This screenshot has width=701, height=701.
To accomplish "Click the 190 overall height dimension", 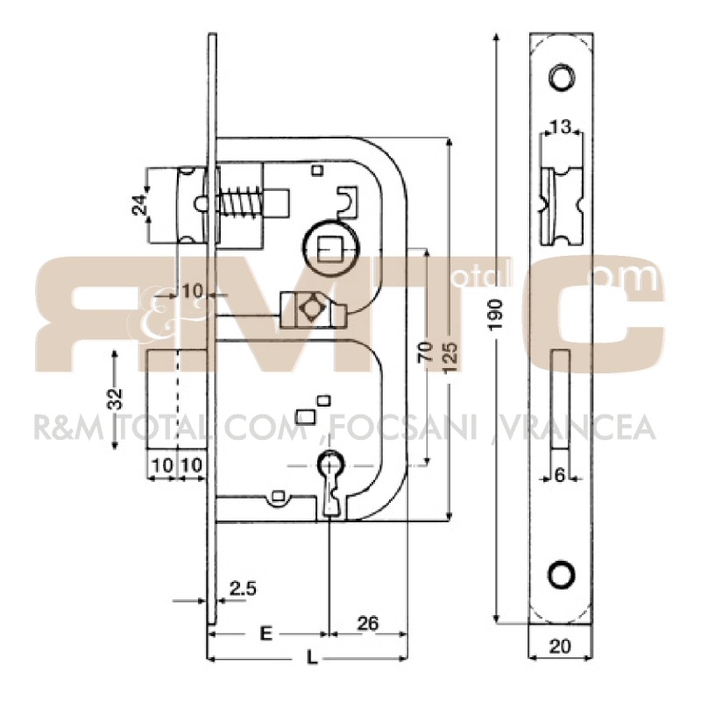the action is tap(497, 315).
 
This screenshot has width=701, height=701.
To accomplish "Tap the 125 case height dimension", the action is tap(451, 358).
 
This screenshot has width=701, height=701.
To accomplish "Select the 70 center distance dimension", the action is tap(426, 351).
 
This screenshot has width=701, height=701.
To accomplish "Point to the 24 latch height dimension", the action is tap(141, 205).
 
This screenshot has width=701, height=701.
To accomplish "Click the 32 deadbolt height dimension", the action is tap(116, 399).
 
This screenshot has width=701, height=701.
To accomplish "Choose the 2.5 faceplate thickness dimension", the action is tap(243, 589).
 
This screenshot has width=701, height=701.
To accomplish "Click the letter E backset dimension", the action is tap(266, 633).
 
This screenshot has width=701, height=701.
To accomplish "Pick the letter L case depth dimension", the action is tap(312, 658).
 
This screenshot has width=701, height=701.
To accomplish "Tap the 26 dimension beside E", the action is tap(368, 623).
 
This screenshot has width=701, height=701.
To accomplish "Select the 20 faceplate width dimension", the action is tap(560, 647).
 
